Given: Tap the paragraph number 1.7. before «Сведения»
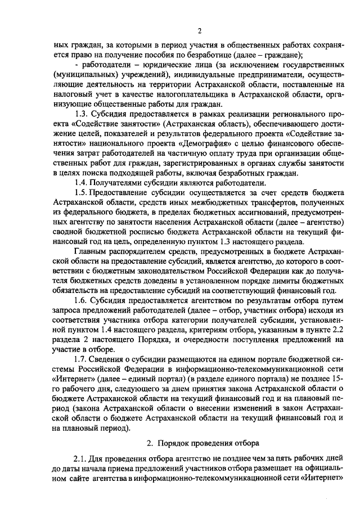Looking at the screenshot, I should (x=83, y=367).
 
